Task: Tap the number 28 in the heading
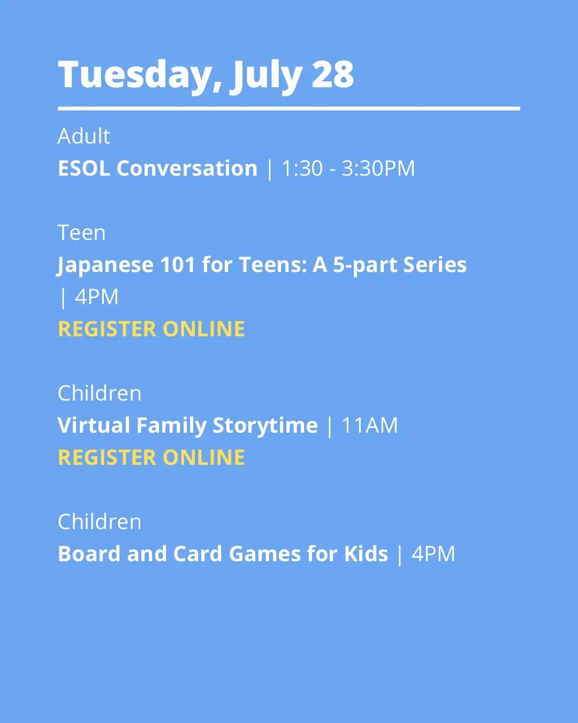(332, 74)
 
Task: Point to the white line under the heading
(289, 109)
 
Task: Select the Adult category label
(84, 136)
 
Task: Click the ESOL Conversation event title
(157, 168)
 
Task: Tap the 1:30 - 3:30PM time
(348, 168)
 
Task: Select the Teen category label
(81, 232)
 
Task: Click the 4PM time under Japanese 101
(96, 297)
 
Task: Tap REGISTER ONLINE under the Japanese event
(151, 329)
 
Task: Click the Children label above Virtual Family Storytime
(100, 393)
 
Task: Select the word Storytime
(265, 426)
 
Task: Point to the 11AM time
(369, 425)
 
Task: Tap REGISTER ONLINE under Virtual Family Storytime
(151, 457)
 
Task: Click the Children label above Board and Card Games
(100, 522)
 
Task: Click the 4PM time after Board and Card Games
(433, 554)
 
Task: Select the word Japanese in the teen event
(105, 266)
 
